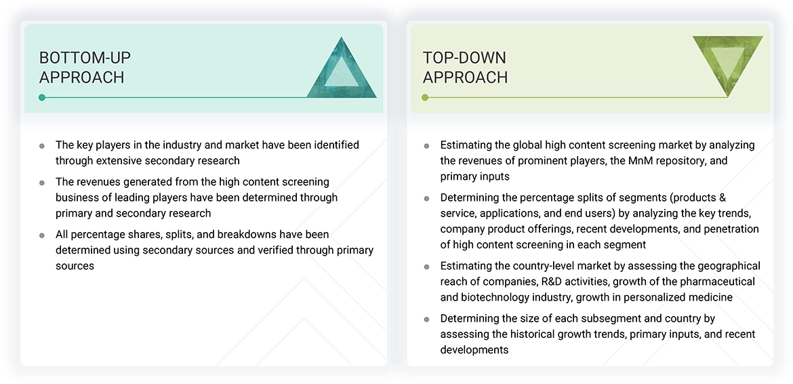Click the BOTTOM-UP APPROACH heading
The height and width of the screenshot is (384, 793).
(85, 67)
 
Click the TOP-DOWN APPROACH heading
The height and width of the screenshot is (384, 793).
(465, 67)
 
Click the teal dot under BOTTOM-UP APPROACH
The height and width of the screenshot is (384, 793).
(42, 98)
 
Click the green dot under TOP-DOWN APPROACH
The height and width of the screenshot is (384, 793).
(425, 98)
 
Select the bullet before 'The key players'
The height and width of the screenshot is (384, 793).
(42, 146)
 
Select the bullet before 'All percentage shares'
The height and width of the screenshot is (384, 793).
(42, 235)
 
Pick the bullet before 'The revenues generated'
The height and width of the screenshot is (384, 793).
(42, 183)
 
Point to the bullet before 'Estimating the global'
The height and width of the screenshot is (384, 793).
(426, 146)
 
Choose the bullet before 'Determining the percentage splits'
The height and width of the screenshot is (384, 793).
(426, 198)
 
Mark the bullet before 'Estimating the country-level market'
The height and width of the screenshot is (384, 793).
(426, 267)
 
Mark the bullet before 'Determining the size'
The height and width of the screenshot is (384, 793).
(426, 319)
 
